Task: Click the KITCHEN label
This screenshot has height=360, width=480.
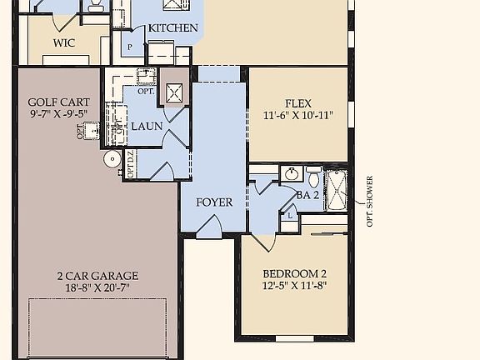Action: pyautogui.click(x=173, y=28)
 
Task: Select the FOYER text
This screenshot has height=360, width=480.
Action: pyautogui.click(x=214, y=202)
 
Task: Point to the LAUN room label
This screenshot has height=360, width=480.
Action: pyautogui.click(x=147, y=126)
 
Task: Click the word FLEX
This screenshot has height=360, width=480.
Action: pyautogui.click(x=298, y=104)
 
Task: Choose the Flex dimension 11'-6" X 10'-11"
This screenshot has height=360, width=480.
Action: pyautogui.click(x=298, y=116)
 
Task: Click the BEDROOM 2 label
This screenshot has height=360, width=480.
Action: pyautogui.click(x=294, y=274)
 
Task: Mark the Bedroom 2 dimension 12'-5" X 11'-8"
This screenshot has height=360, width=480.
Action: pyautogui.click(x=294, y=286)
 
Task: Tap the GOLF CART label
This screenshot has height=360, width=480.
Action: pyautogui.click(x=57, y=102)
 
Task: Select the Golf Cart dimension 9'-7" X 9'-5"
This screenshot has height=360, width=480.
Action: pyautogui.click(x=57, y=114)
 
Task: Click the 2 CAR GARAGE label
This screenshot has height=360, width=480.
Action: pyautogui.click(x=97, y=276)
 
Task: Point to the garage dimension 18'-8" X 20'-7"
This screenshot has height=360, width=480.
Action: pyautogui.click(x=97, y=287)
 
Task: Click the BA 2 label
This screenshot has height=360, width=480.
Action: pyautogui.click(x=307, y=195)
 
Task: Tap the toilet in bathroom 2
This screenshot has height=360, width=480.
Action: pyautogui.click(x=313, y=177)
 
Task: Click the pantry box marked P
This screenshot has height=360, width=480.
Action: pyautogui.click(x=131, y=47)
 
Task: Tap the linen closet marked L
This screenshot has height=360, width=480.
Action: pyautogui.click(x=289, y=214)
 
